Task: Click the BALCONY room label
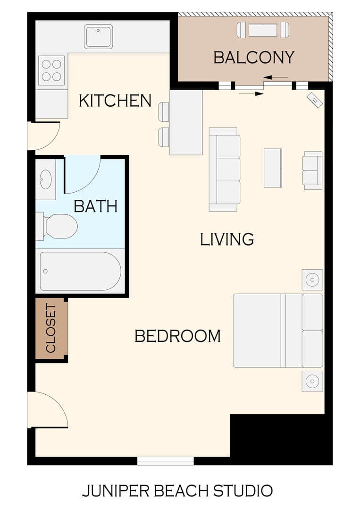click(253, 57)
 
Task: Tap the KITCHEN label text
click(115, 101)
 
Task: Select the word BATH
click(96, 206)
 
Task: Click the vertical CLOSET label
click(51, 328)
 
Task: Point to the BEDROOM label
click(177, 336)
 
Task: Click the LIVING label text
click(227, 239)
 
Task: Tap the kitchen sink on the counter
click(98, 36)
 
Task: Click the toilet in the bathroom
click(59, 226)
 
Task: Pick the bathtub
click(80, 271)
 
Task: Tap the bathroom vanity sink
click(46, 179)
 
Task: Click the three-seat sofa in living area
click(225, 170)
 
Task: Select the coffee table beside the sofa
click(273, 168)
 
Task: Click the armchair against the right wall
click(312, 170)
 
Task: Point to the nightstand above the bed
click(312, 280)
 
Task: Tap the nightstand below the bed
click(312, 381)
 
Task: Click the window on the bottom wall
click(165, 460)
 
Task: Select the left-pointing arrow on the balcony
click(276, 77)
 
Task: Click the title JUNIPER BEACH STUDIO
click(177, 491)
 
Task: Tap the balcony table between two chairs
click(263, 30)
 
